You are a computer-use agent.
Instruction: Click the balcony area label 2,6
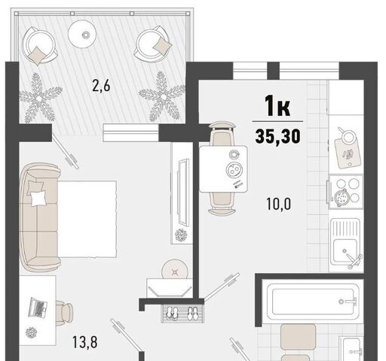click(101, 86)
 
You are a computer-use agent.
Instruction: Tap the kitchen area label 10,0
click(279, 204)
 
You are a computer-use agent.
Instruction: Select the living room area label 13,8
click(85, 342)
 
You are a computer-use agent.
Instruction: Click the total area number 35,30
click(277, 136)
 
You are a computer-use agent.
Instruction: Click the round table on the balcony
click(82, 34)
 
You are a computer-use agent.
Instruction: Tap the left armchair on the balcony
click(39, 46)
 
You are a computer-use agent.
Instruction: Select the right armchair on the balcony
click(153, 44)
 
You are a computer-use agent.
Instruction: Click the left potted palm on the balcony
click(39, 99)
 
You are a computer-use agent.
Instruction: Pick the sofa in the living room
click(39, 217)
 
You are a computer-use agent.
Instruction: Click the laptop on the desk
click(38, 308)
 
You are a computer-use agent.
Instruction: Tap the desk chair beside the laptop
click(64, 313)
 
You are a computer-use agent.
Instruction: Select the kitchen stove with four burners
click(346, 192)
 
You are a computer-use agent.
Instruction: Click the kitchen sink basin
click(346, 250)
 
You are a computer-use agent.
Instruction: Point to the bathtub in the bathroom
click(314, 302)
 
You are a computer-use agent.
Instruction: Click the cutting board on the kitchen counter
click(348, 153)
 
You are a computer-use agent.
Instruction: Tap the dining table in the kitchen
click(223, 169)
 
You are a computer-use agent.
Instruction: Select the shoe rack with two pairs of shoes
click(182, 314)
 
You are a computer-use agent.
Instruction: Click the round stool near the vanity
click(175, 270)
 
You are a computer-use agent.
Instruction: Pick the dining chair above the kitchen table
click(222, 133)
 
